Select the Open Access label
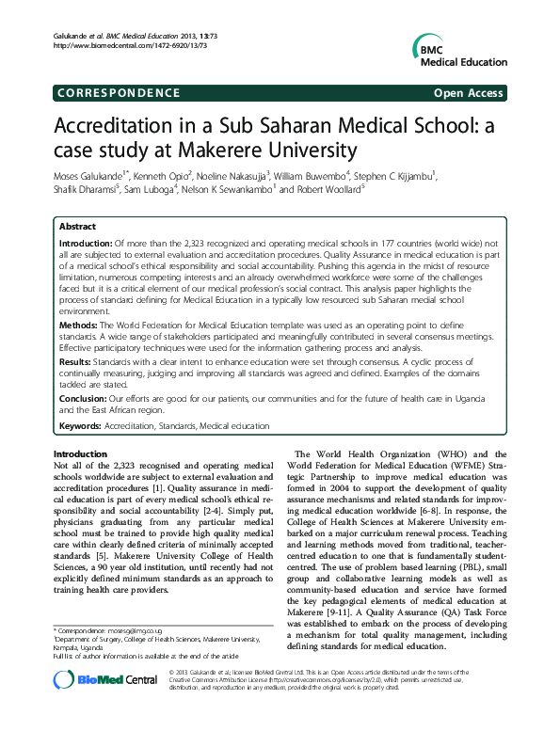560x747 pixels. click(468, 93)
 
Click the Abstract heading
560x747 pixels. click(77, 228)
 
